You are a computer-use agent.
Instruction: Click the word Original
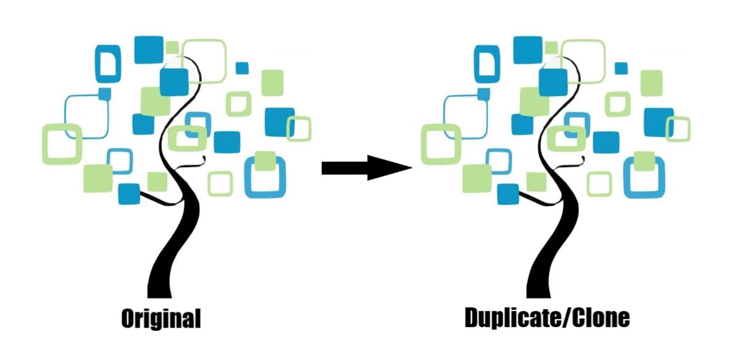click(161, 318)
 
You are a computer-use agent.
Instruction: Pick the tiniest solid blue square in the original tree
click(242, 68)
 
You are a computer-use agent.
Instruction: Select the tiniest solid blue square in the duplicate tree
click(621, 68)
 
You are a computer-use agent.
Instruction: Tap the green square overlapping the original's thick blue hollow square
click(265, 161)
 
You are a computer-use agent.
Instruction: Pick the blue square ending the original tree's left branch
click(129, 194)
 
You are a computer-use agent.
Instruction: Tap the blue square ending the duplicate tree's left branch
click(508, 194)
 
